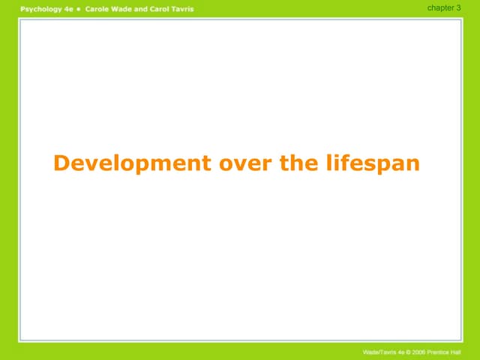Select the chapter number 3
pyautogui.click(x=458, y=7)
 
